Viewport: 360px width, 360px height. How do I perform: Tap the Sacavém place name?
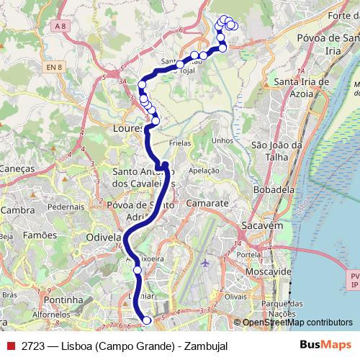(261, 225)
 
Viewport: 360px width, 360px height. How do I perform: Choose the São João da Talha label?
(274, 150)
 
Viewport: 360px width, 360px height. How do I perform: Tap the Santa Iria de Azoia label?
(300, 88)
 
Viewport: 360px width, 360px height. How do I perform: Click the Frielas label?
(180, 143)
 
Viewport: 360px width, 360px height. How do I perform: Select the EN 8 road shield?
(53, 68)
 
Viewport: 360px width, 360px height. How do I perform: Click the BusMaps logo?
(325, 346)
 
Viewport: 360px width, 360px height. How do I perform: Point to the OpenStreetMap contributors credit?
(297, 323)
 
